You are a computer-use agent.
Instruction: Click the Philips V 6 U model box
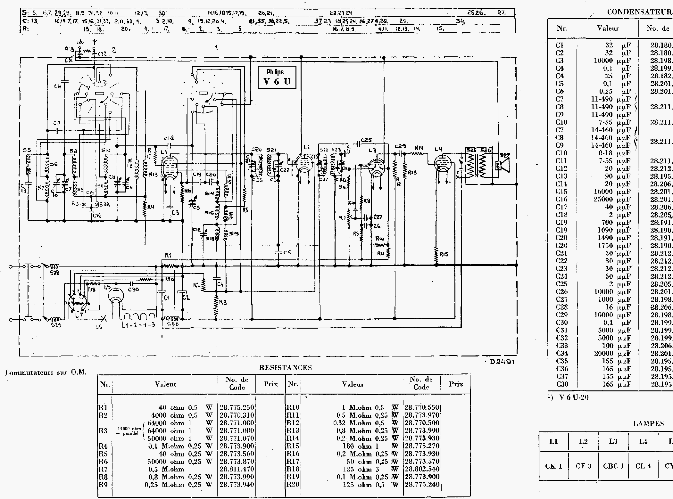point(277,77)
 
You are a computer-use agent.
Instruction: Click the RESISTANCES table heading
point(285,368)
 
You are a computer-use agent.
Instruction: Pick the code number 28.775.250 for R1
point(237,408)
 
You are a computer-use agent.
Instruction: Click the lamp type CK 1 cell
point(553,466)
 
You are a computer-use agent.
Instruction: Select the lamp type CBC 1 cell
point(613,466)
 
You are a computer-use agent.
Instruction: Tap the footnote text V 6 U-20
point(574,397)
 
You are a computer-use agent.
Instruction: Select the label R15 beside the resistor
point(444,254)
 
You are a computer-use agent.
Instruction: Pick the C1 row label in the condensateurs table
point(560,45)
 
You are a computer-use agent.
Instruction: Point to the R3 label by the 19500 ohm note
point(103,431)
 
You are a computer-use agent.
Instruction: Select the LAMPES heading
point(648,423)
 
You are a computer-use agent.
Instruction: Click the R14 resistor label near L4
point(419,148)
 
